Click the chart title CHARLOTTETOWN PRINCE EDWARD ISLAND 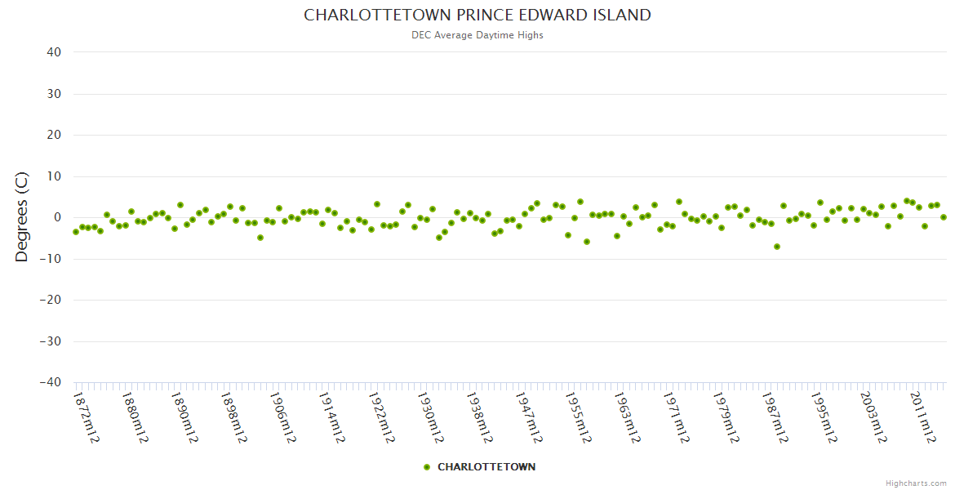click(477, 16)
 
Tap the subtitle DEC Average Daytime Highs click(477, 35)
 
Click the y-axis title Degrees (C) click(22, 217)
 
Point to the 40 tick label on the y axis click(54, 52)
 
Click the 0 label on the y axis click(58, 217)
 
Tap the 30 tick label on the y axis click(54, 94)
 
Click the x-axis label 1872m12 click(87, 417)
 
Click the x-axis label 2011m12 click(923, 417)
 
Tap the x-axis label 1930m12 click(430, 417)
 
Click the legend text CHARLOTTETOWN click(486, 467)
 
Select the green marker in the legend click(427, 467)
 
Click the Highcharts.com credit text click(916, 483)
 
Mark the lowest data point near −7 click(777, 247)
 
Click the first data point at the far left click(76, 232)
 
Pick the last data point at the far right click(944, 217)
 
